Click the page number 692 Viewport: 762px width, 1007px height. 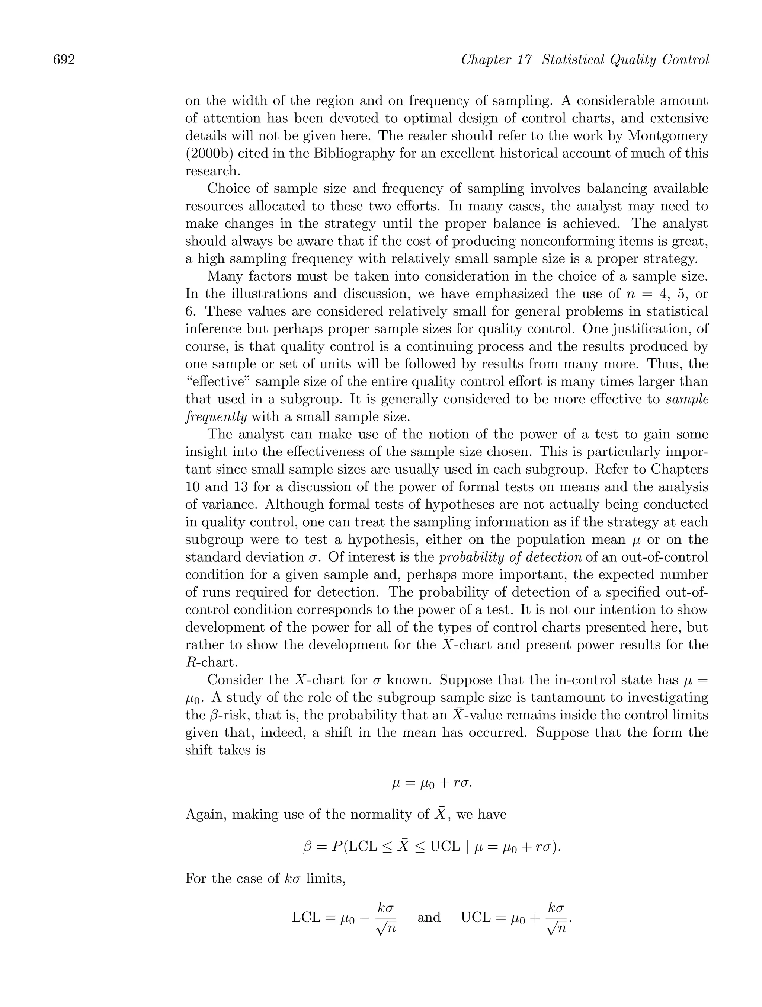pos(64,60)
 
